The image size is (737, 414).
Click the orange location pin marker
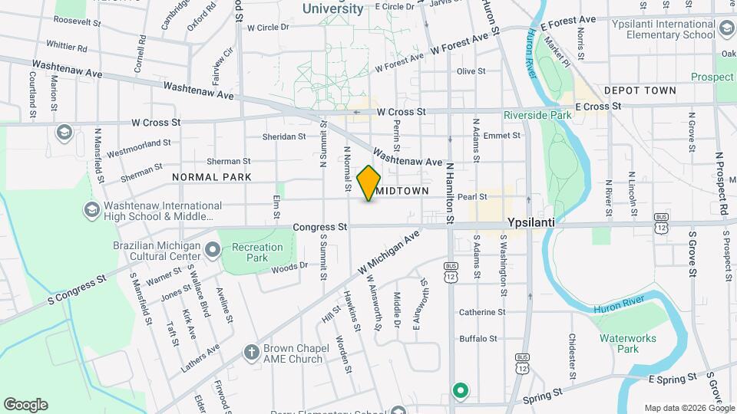click(369, 183)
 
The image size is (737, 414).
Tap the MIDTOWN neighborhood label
click(402, 190)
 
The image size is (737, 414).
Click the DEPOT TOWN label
click(640, 90)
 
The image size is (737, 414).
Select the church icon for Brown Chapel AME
click(250, 353)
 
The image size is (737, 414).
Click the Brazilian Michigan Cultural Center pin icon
click(213, 248)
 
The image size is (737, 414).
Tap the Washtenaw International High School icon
click(91, 210)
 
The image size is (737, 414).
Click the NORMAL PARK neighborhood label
click(212, 177)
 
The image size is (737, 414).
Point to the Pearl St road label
click(473, 197)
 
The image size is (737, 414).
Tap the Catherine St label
click(482, 312)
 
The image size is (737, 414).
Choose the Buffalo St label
click(478, 338)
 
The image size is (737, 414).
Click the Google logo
click(25, 405)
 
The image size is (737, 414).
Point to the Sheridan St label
click(284, 136)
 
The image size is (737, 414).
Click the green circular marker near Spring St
click(460, 391)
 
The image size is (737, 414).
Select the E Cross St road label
click(597, 107)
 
